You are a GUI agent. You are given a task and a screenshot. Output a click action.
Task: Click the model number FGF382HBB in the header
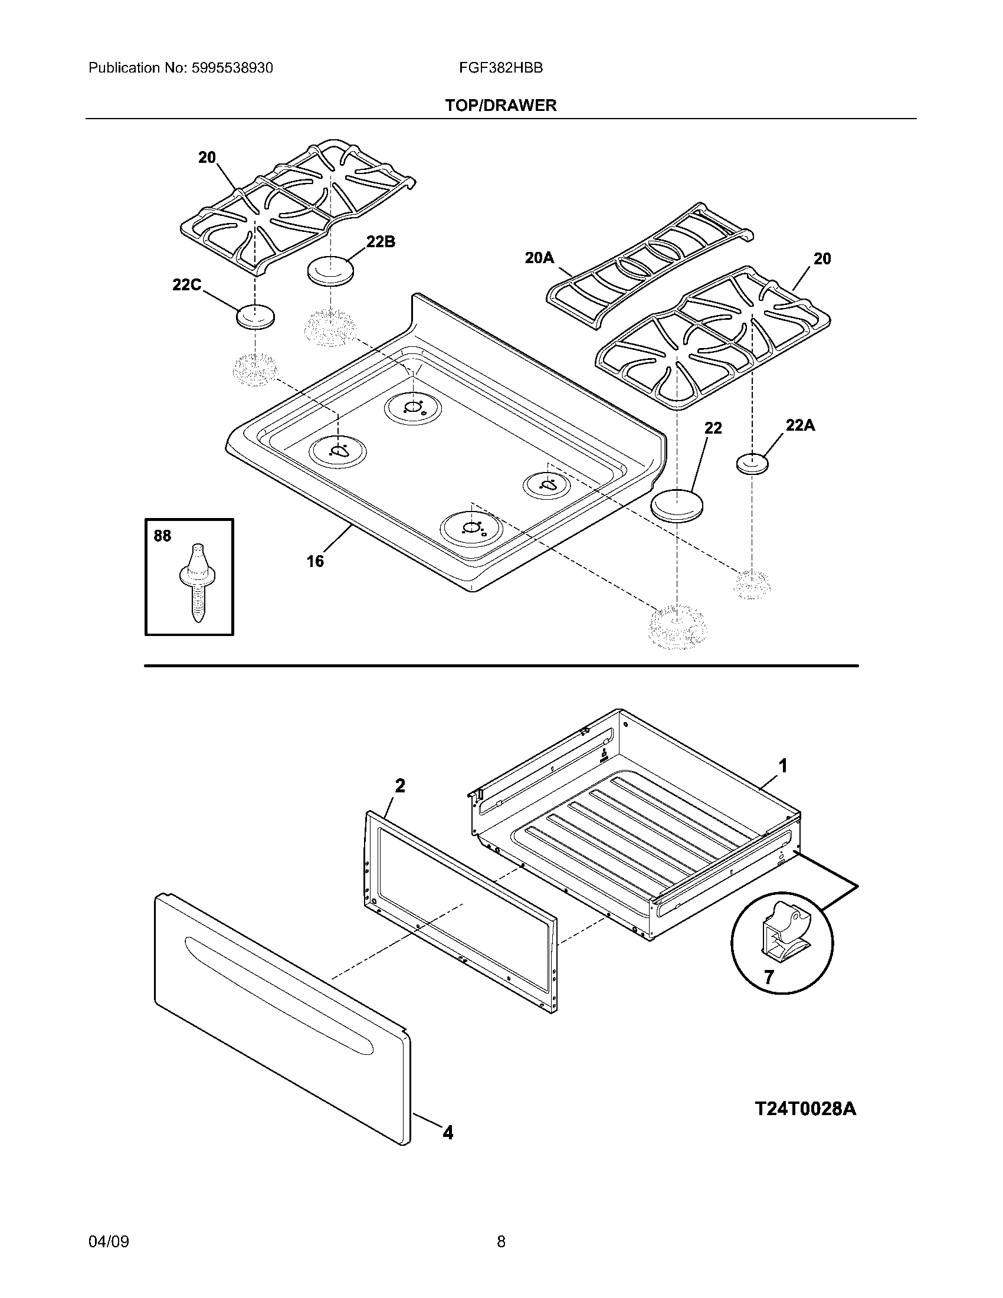tap(500, 68)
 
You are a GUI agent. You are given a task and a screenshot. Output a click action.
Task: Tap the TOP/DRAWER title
tap(501, 105)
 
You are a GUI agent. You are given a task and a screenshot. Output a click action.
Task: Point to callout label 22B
tap(381, 242)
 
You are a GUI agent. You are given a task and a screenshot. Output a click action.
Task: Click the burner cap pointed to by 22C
tap(255, 316)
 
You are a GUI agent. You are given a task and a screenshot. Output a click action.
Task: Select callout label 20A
tap(539, 257)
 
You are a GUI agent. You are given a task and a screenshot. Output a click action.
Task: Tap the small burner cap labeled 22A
tap(752, 463)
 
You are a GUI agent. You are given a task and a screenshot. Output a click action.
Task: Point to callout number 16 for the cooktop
tap(315, 561)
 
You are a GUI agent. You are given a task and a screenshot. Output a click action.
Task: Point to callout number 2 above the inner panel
tap(400, 786)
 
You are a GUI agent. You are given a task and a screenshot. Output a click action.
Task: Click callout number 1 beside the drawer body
tap(783, 766)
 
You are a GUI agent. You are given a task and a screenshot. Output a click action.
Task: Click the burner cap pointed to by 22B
tap(330, 270)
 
